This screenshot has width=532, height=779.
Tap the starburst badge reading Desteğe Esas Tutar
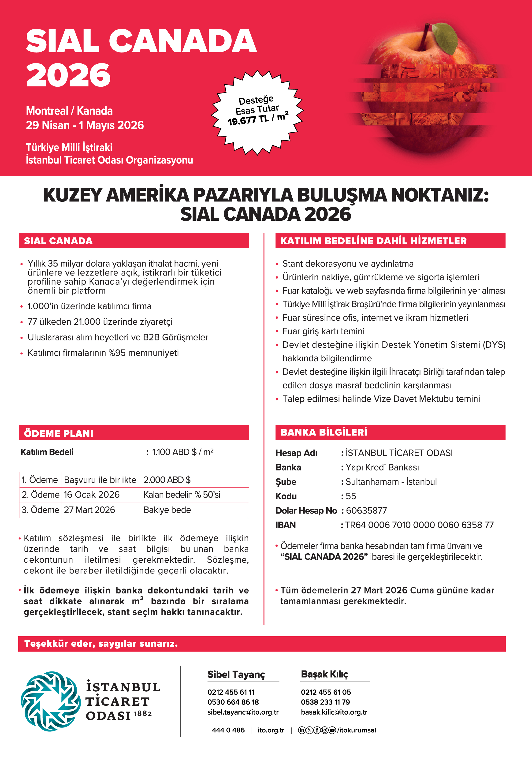pos(257,112)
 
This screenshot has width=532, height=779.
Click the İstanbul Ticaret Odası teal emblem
pos(51,701)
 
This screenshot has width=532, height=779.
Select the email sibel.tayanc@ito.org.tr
pos(243,712)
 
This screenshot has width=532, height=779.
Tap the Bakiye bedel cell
pos(168,510)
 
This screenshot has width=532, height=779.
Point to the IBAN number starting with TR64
pos(419,525)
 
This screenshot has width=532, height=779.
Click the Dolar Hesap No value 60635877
pos(366,511)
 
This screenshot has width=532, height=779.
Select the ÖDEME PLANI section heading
pos(59,433)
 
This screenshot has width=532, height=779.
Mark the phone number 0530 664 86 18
pos(233,702)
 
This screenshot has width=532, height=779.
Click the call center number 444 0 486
pos(228,730)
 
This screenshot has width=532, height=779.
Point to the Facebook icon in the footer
pos(317,730)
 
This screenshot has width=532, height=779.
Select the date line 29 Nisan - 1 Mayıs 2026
pos(85,125)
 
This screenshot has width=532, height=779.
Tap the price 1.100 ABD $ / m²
pos(183,452)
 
